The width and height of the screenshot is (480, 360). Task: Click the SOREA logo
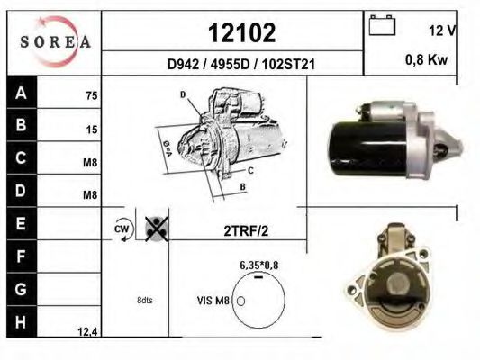point(56,42)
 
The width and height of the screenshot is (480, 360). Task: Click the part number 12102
point(242,32)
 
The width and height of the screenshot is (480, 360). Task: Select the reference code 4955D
point(231,65)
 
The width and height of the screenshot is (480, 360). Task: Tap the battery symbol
point(382,25)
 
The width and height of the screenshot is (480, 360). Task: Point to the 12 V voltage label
point(442,31)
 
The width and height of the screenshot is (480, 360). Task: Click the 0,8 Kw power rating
point(427,59)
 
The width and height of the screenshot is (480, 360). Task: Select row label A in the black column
point(21,93)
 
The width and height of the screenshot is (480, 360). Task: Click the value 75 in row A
point(92,95)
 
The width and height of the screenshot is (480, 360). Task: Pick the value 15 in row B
point(92,130)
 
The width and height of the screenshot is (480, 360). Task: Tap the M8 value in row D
point(90,194)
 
